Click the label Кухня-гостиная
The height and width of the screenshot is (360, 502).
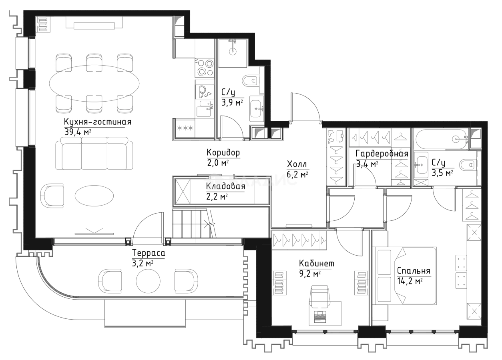98,122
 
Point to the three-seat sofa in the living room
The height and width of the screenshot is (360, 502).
94,154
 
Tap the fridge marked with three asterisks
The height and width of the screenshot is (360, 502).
185,128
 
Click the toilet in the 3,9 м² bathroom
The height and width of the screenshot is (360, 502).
252,80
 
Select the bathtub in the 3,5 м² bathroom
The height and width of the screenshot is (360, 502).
441,139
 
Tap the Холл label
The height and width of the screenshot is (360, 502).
297,164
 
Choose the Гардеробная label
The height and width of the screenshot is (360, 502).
382,154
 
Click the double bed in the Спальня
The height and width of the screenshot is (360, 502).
404,276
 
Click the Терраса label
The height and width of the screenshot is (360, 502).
149,253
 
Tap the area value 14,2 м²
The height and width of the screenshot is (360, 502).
410,281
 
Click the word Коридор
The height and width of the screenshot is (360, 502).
223,153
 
